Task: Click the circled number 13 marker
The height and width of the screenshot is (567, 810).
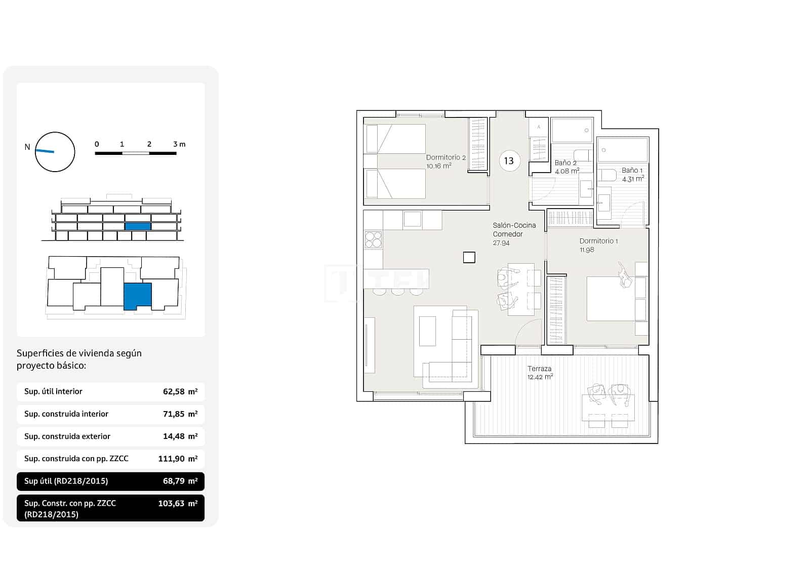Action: (x=509, y=161)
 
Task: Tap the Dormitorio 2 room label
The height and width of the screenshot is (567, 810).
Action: (x=445, y=157)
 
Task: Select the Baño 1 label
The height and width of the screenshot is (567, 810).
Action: (x=632, y=171)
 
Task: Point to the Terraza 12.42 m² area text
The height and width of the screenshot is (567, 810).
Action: (x=540, y=373)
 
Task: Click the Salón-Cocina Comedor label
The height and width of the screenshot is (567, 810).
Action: (x=514, y=230)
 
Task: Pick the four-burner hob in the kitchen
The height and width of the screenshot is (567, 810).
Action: (x=373, y=239)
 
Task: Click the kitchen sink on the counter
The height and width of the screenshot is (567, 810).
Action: (x=412, y=219)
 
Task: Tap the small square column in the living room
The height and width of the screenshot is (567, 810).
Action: (x=469, y=257)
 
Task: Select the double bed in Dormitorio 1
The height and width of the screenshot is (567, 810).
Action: (x=611, y=298)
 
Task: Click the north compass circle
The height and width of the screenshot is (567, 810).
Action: (x=55, y=152)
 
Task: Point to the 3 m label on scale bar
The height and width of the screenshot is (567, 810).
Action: (x=179, y=144)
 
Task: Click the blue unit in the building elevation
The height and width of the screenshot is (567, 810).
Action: (x=138, y=226)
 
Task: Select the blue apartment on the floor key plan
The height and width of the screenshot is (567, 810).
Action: (x=138, y=296)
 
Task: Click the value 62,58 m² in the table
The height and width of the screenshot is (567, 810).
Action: (x=180, y=391)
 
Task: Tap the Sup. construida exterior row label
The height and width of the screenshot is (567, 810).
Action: (x=67, y=436)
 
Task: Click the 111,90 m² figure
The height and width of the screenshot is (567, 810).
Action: (x=177, y=459)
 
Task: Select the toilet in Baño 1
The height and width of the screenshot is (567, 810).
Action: (x=607, y=175)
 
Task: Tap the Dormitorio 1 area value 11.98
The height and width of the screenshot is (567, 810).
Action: (x=587, y=250)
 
